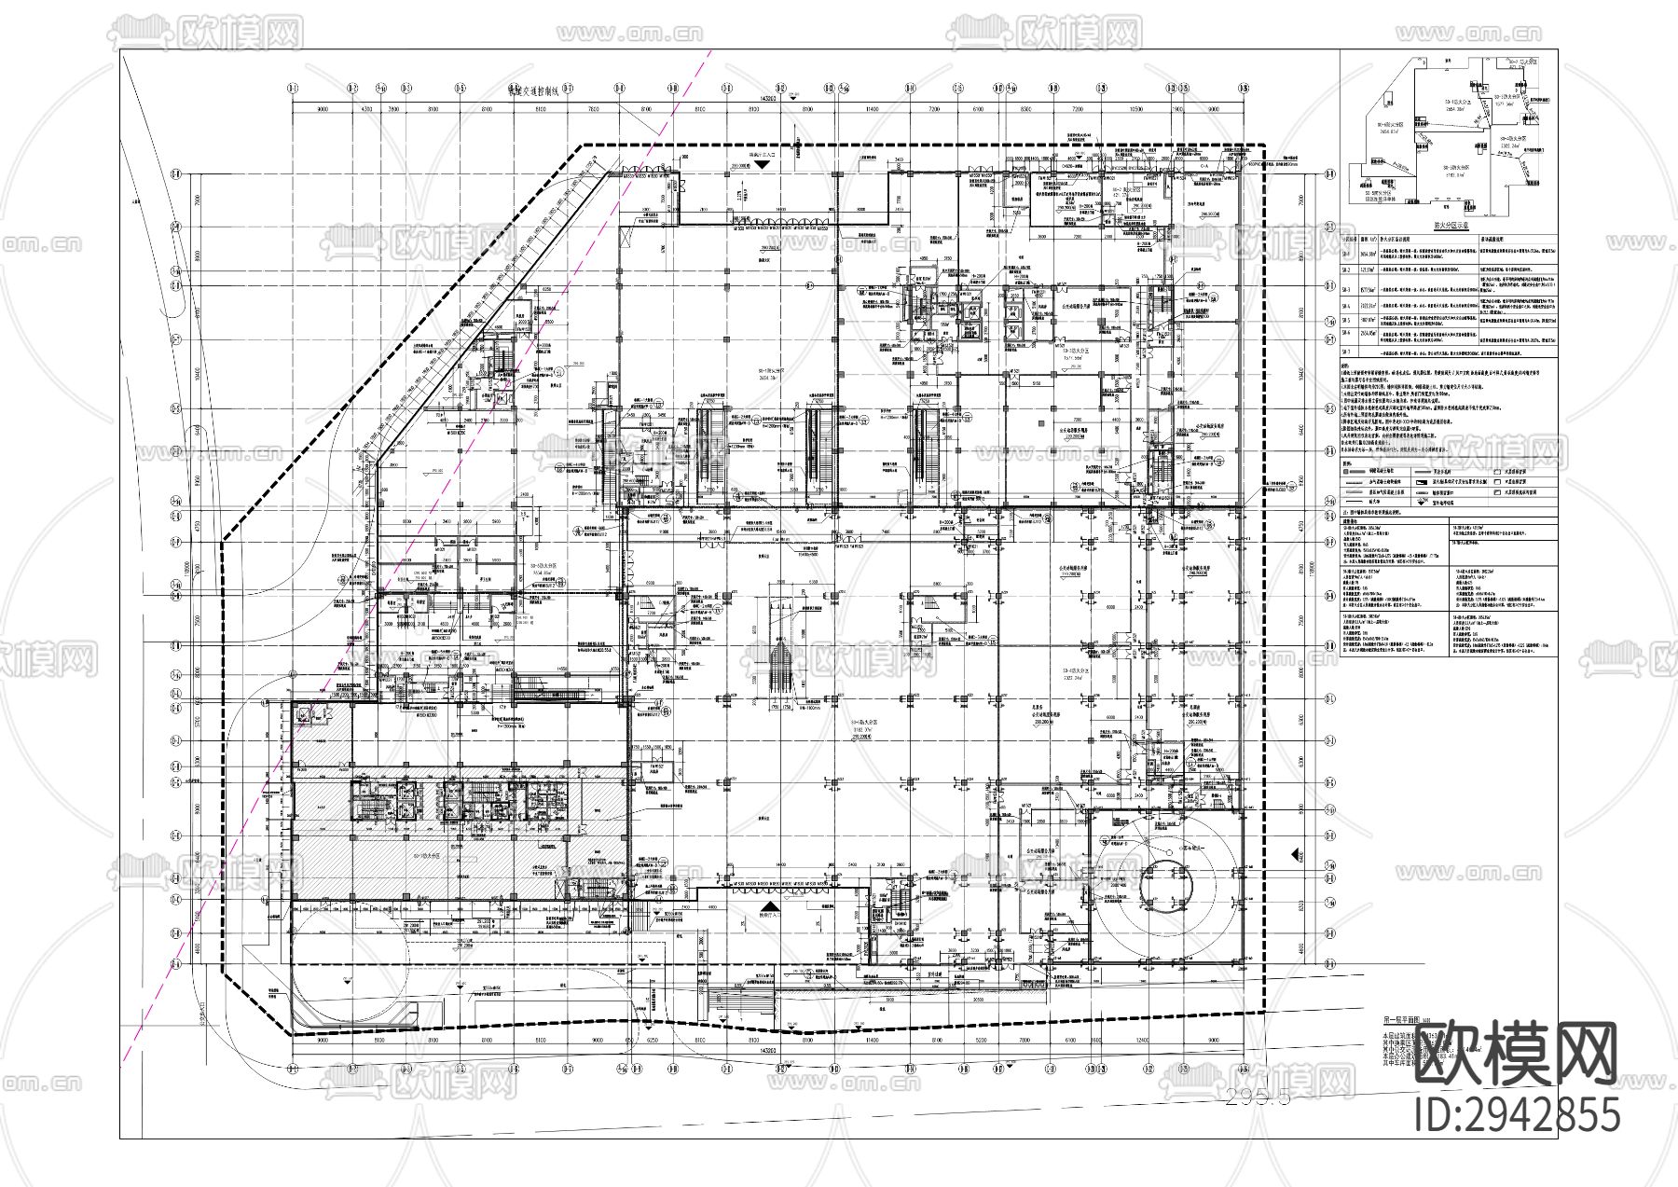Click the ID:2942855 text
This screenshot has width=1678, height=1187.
1518,1115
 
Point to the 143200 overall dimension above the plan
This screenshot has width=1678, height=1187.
768,97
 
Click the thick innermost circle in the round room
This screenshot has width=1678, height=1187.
1166,879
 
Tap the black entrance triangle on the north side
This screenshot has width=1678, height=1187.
763,164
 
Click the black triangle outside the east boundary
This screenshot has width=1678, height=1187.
1296,854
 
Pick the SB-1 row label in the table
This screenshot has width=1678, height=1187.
1346,253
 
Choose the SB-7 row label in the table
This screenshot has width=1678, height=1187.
1346,352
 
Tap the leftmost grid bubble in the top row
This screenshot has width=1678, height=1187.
293,89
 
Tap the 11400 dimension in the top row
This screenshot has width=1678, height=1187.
871,110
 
